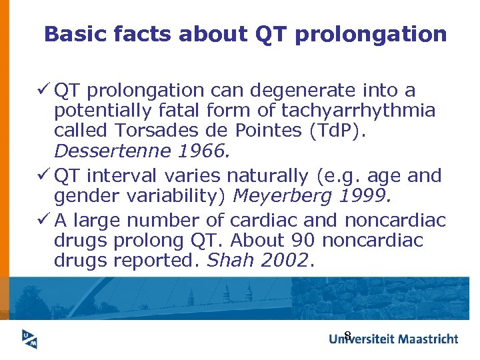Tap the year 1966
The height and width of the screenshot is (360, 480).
pos(199,151)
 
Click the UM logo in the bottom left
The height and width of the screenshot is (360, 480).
pos(29,339)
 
